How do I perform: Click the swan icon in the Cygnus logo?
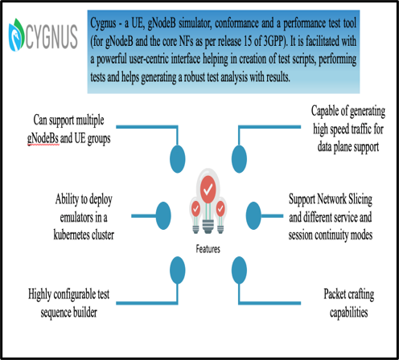pyautogui.click(x=17, y=35)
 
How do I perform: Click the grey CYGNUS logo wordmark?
pyautogui.click(x=51, y=36)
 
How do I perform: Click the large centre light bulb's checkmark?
pyautogui.click(x=208, y=190)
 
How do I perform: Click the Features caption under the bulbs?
pyautogui.click(x=208, y=249)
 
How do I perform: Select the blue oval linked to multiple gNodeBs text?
pyautogui.click(x=178, y=159)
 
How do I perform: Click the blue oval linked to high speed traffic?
pyautogui.click(x=239, y=159)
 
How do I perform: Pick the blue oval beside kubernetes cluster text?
pyautogui.click(x=163, y=216)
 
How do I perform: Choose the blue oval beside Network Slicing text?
pyautogui.click(x=253, y=216)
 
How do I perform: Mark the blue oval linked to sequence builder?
pyautogui.click(x=178, y=270)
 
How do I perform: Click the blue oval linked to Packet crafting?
pyautogui.click(x=239, y=270)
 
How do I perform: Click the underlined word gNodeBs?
pyautogui.click(x=43, y=139)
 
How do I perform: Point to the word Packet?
pyautogui.click(x=335, y=294)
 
